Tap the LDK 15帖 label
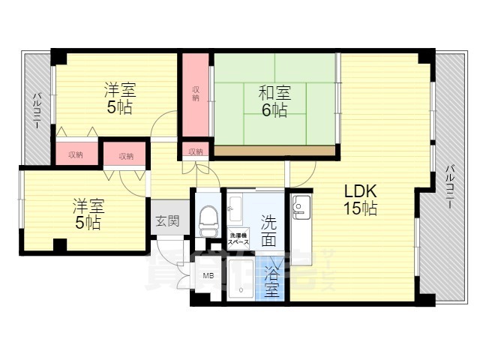point(360,199)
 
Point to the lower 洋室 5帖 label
point(87,213)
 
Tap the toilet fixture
point(208,217)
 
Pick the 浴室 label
point(271,281)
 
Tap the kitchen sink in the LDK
point(302,204)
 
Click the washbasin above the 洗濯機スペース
point(235,205)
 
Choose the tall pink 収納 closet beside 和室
point(196,94)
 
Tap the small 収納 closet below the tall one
point(196,151)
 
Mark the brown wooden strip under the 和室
point(274,151)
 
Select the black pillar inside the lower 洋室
point(60,244)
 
